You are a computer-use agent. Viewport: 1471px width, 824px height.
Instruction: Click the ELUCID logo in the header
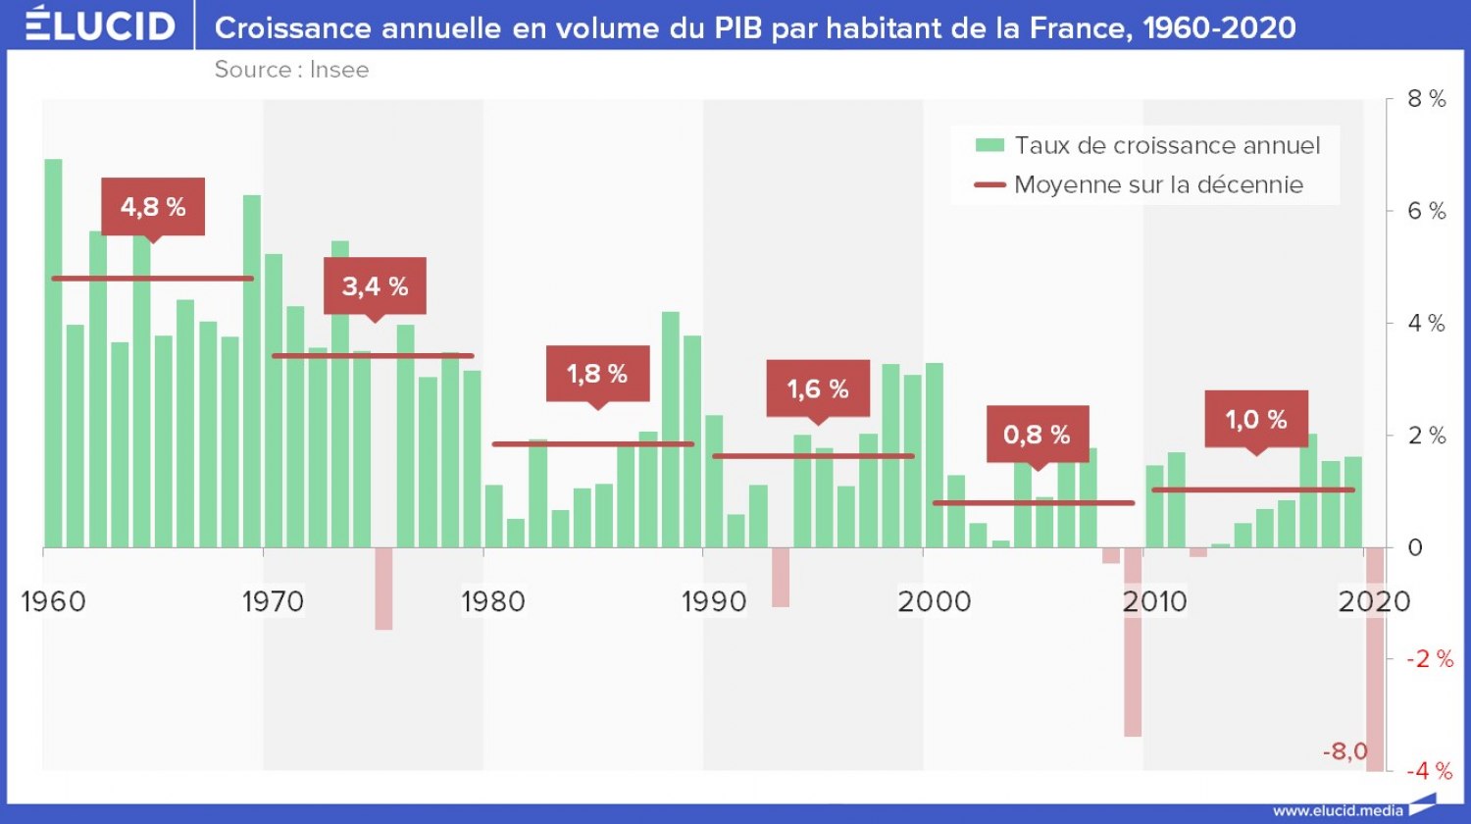point(100,26)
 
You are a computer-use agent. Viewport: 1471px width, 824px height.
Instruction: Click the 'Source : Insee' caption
point(291,70)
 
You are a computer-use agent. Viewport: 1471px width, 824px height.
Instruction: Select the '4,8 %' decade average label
point(153,207)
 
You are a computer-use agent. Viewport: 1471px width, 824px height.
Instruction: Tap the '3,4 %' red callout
point(375,286)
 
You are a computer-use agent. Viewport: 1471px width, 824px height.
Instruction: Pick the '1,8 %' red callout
point(597,374)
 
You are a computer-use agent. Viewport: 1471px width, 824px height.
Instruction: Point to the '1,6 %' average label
point(818,389)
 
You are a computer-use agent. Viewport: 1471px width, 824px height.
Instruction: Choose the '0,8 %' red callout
point(1037,435)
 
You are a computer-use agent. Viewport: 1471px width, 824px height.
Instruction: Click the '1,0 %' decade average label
point(1256,420)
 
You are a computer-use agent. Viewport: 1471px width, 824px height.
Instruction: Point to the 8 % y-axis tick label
point(1426,99)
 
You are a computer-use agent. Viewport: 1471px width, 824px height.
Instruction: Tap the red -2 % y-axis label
point(1430,659)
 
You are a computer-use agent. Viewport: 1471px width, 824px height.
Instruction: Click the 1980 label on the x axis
point(493,601)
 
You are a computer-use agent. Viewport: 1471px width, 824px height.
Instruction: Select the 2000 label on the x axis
point(934,601)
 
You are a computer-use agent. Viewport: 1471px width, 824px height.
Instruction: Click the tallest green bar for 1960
point(53,353)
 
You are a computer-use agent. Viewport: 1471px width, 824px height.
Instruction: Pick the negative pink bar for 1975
point(383,589)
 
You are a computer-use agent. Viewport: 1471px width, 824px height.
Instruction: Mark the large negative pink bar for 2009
point(1133,643)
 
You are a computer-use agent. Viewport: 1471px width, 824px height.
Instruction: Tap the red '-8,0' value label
point(1344,752)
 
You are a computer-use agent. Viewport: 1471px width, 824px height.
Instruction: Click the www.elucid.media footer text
point(1338,811)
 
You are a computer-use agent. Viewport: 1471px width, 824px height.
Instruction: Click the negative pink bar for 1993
point(781,578)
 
